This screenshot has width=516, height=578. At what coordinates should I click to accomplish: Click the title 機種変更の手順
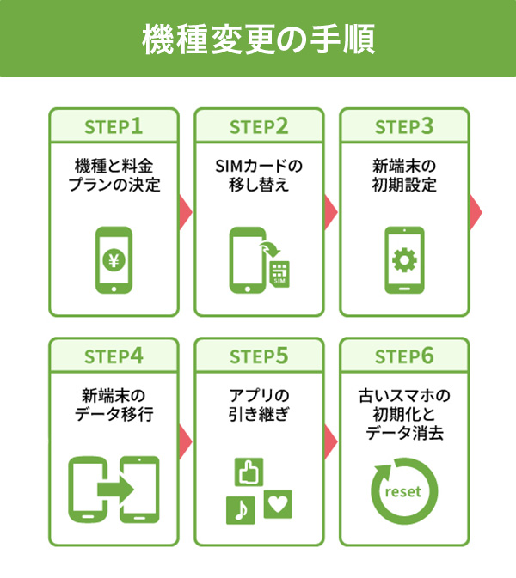point(258,40)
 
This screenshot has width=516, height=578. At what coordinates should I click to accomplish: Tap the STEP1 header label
point(113,126)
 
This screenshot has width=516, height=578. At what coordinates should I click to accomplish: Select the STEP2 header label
point(258,126)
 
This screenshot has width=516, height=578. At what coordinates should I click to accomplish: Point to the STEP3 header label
point(404,126)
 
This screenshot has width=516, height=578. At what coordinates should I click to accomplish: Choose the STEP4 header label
point(113,356)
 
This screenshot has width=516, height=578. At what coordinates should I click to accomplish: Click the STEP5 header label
point(258,356)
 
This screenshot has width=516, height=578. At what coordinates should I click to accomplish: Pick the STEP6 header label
point(404,356)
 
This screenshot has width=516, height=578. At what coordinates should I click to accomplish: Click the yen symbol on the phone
point(113,260)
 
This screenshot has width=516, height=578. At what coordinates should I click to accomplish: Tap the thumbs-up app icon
point(249,472)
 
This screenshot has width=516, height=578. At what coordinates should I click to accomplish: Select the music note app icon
point(240,508)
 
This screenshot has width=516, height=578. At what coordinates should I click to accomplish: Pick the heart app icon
point(277,503)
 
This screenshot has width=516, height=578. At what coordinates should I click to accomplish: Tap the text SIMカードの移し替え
point(258,175)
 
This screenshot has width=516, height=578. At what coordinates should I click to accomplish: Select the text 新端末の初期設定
point(404,175)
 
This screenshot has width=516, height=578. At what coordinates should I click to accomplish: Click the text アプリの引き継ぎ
point(258,405)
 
